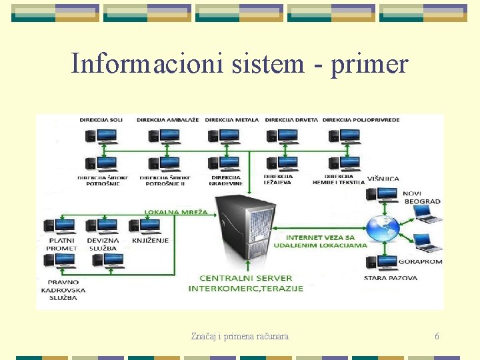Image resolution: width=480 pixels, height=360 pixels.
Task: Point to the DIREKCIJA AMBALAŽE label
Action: [x=168, y=120]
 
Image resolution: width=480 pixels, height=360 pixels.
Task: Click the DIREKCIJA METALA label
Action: [x=232, y=120]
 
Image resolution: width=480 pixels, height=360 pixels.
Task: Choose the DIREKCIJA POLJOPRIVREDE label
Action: [x=361, y=120]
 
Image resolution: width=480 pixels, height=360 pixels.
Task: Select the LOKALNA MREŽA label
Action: [x=177, y=212]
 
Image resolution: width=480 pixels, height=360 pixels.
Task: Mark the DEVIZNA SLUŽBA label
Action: [x=103, y=244]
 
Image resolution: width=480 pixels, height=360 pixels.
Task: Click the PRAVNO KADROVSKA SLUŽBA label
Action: [x=59, y=289]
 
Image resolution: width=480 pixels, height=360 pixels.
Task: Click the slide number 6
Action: [x=437, y=337]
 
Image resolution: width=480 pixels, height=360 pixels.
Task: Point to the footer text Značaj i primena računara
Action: [x=239, y=337]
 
